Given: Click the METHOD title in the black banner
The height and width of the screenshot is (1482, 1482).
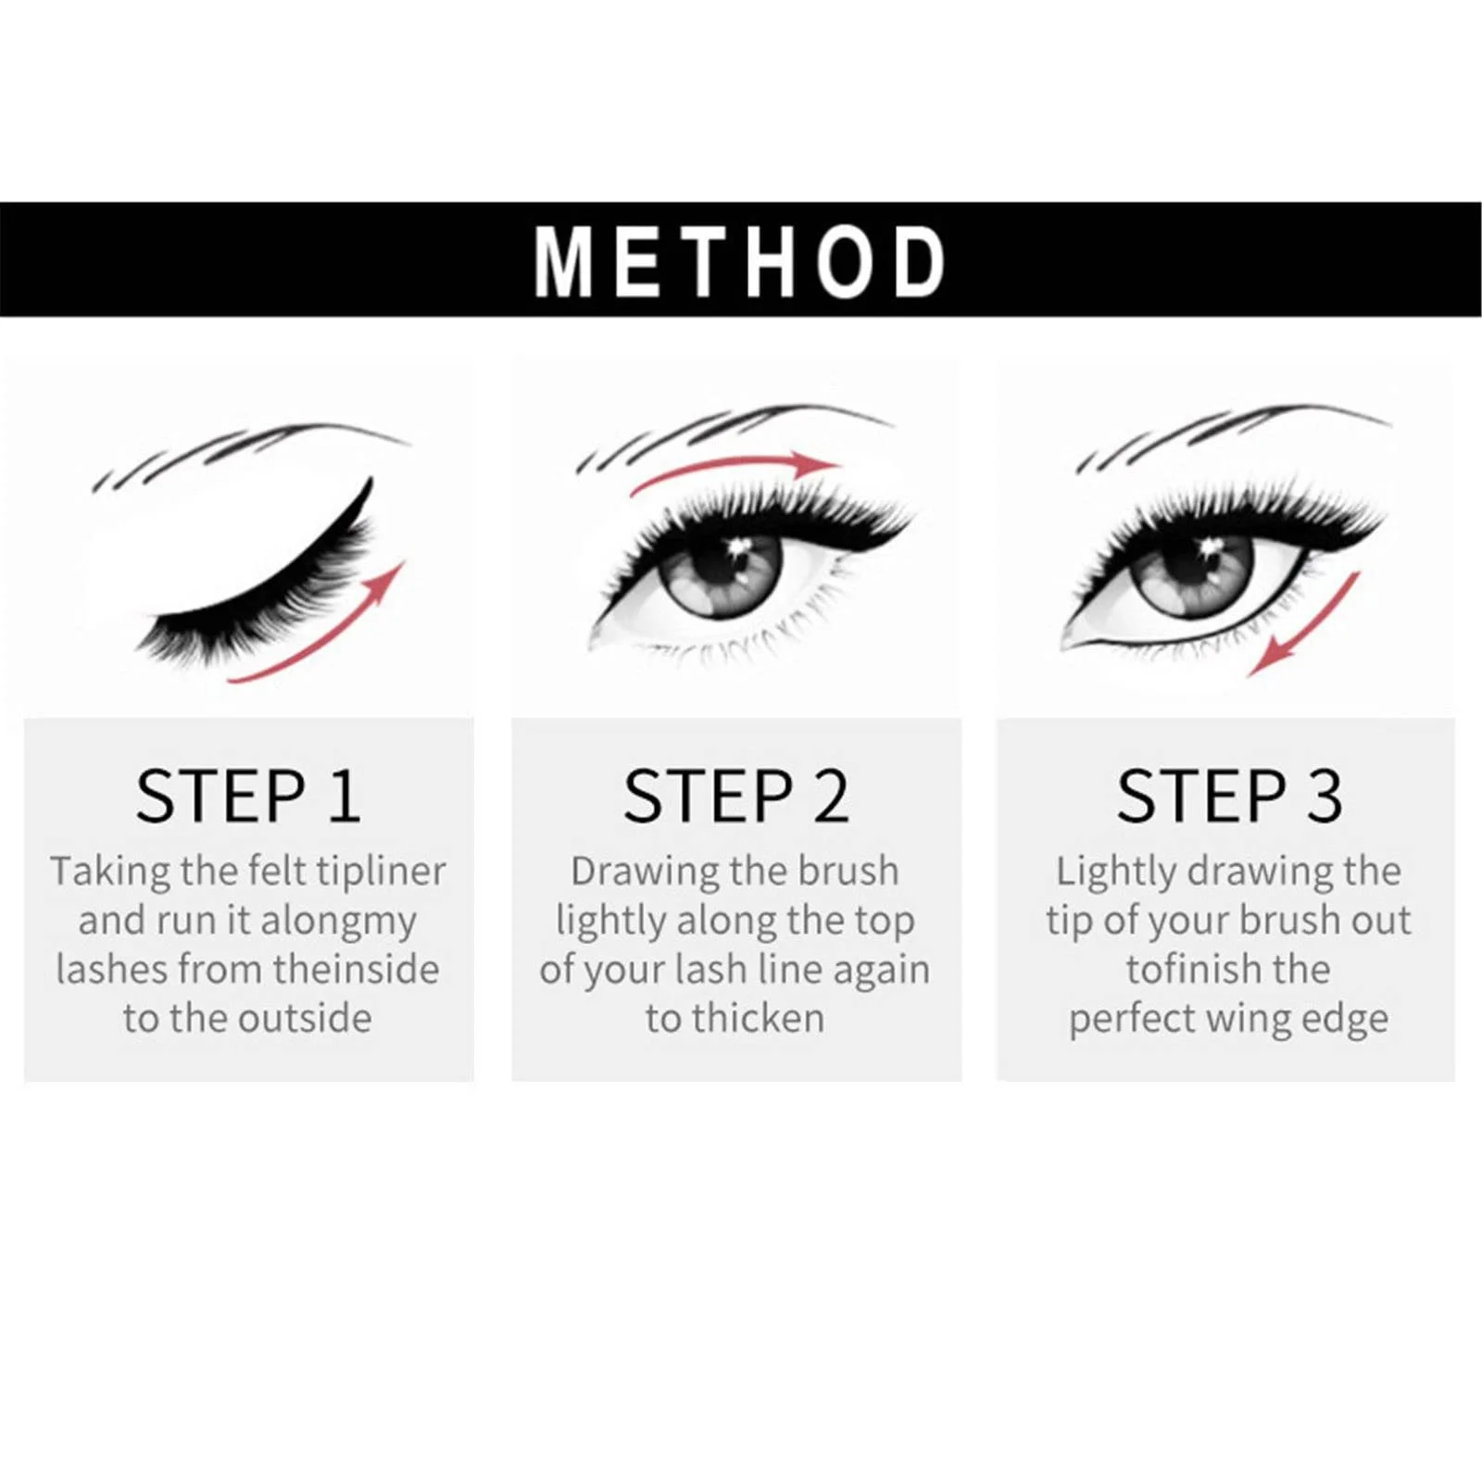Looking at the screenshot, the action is [739, 261].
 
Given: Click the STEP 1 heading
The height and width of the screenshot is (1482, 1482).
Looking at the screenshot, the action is [247, 796].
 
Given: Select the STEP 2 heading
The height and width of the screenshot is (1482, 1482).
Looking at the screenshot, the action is [735, 796].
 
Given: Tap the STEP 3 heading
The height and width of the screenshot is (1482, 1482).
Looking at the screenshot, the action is [1229, 796].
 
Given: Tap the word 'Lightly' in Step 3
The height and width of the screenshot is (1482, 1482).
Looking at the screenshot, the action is [1115, 873].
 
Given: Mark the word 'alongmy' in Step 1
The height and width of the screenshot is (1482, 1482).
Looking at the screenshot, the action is [339, 922].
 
